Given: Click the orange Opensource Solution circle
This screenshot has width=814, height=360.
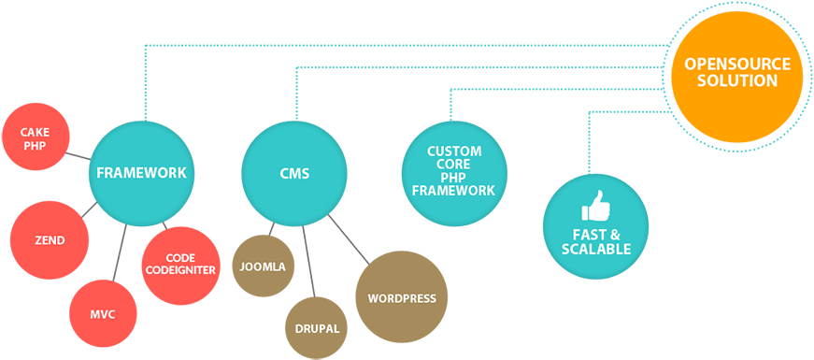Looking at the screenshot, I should [737, 73].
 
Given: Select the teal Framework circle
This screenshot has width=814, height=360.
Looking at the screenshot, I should [141, 173].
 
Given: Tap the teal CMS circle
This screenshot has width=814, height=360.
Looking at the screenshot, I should [294, 173].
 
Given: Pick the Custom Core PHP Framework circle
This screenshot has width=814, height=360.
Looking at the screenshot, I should [454, 172].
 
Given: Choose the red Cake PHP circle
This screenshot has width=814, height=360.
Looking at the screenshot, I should [35, 138].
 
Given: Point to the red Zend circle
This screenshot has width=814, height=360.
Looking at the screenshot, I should [50, 240].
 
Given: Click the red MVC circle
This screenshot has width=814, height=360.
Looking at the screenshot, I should [103, 313].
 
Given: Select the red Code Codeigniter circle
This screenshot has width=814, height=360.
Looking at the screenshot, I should [180, 265].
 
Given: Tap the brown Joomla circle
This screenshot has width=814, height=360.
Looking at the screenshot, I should [263, 266].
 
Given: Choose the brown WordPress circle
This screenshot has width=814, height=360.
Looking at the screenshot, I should [402, 298].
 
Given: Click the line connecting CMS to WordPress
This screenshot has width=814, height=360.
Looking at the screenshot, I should [347, 237].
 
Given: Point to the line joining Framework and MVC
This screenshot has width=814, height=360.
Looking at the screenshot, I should [119, 253].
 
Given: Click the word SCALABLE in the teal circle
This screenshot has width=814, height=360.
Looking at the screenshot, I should [596, 250].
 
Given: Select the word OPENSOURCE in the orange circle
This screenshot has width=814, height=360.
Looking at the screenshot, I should [737, 64].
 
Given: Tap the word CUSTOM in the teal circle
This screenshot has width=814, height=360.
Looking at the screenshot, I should [454, 151].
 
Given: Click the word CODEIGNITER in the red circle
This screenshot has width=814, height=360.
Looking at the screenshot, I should [180, 271].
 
